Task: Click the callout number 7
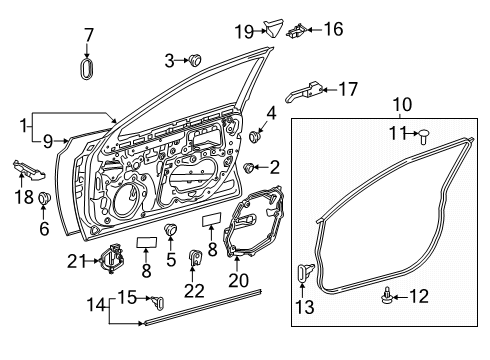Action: coord(89,35)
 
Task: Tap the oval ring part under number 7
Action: coord(87,69)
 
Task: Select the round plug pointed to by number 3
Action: coord(195,60)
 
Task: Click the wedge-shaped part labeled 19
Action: coord(273,28)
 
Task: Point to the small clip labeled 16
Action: coord(296,31)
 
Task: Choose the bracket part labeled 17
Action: coord(304,92)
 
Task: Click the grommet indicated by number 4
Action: coord(255,137)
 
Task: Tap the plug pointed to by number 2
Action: coord(248,168)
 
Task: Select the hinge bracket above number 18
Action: coord(29,169)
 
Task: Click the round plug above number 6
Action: coord(44,198)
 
